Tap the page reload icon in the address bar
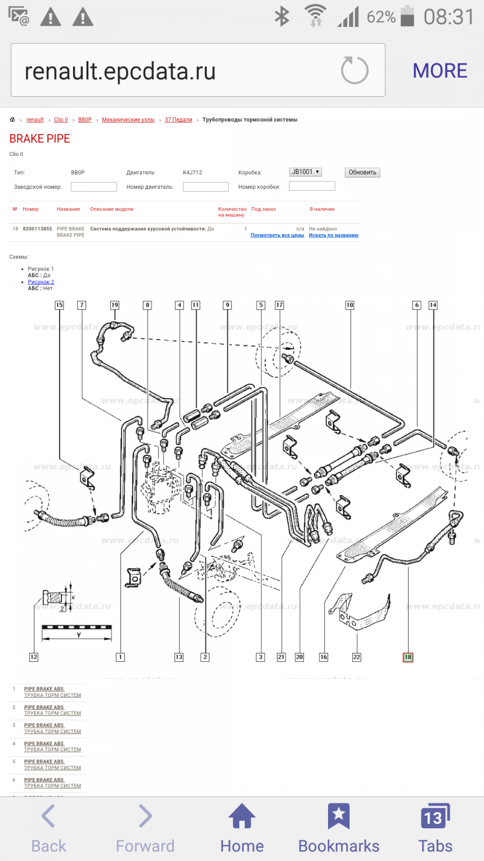[354, 70]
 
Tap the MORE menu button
[440, 71]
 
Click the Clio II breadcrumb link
[61, 120]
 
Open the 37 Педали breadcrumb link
[179, 120]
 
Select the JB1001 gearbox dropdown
[305, 172]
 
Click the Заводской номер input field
[94, 187]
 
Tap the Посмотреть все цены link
[277, 235]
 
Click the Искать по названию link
[333, 235]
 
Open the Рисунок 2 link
[41, 282]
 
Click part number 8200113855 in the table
[38, 229]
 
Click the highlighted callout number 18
[408, 657]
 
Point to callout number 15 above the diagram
[59, 305]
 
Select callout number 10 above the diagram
[350, 305]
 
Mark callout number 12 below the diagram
[33, 657]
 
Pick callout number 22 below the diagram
[357, 657]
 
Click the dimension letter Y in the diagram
[79, 636]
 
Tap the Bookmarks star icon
[339, 816]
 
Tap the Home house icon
[242, 816]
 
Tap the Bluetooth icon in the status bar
[282, 17]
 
